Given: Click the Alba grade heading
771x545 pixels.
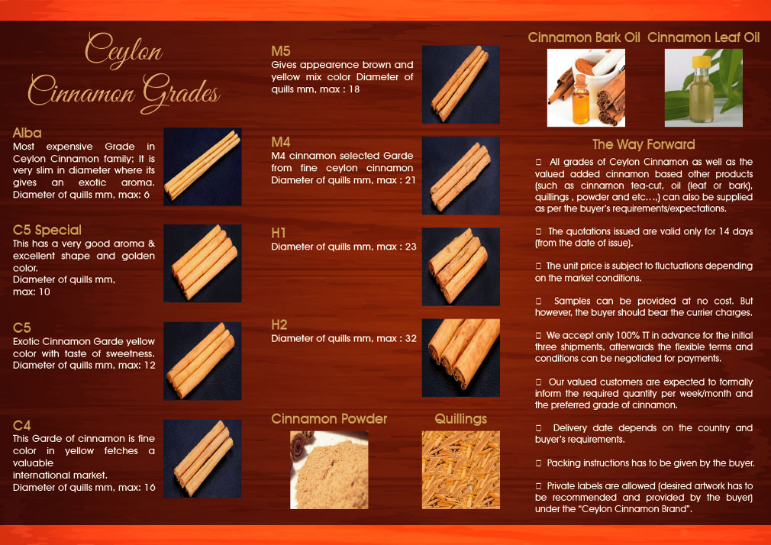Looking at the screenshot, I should tap(27, 133).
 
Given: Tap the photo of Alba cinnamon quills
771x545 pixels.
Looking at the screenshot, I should tap(202, 166).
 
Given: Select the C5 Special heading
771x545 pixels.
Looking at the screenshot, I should tap(47, 230).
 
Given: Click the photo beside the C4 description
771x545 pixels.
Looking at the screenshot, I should tap(202, 458).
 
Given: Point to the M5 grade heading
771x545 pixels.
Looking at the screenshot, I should tap(281, 51).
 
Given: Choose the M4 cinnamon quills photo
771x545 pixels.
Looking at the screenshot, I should tap(460, 176).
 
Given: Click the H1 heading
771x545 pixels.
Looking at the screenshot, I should tap(279, 233).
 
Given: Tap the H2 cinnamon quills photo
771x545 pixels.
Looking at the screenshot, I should tap(460, 357).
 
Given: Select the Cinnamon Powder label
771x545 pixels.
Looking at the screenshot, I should tap(329, 418).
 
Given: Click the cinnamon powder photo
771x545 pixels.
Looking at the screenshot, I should tap(329, 469).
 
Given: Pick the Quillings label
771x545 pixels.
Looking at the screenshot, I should tap(460, 418).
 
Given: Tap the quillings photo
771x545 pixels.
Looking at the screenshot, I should tap(460, 469).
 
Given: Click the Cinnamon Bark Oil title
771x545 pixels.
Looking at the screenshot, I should tap(584, 37).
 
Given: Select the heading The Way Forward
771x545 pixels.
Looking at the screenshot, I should tap(644, 144).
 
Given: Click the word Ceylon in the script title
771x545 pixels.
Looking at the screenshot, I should tap(124, 52).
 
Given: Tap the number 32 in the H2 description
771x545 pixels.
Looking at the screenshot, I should tap(409, 338).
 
